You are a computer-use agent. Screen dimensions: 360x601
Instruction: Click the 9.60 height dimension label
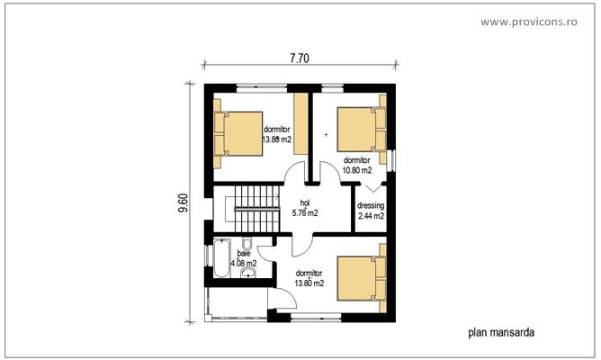(x=183, y=203)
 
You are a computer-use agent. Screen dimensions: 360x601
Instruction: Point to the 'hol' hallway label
(x=304, y=203)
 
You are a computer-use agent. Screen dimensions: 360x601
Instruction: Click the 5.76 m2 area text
(x=305, y=214)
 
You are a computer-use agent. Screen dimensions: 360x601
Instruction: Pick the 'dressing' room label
(x=371, y=206)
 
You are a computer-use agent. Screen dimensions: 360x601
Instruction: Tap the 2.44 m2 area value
(x=371, y=217)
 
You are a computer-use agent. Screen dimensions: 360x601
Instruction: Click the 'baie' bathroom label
(x=244, y=254)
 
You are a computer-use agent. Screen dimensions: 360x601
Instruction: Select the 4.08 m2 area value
(x=243, y=264)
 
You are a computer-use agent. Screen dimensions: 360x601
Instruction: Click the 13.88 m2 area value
(x=276, y=139)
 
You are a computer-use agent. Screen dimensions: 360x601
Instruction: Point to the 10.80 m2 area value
(x=358, y=169)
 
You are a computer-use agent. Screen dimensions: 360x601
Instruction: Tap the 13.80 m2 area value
(x=309, y=283)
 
